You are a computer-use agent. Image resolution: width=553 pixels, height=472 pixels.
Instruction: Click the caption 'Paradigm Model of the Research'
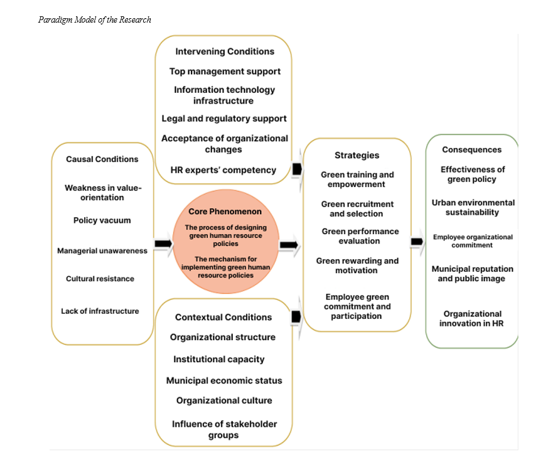pos(94,19)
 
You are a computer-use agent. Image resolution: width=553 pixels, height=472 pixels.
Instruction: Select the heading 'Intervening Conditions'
pos(224,51)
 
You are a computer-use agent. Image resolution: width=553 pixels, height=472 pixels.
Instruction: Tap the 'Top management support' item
pos(225,72)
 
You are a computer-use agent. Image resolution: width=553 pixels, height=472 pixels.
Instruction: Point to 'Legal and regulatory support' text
pos(224,119)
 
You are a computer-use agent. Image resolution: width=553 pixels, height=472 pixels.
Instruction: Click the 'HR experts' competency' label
pos(223,170)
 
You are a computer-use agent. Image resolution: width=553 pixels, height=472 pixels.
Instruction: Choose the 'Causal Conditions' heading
pos(102,159)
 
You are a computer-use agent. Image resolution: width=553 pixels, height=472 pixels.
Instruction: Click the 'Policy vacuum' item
pos(102,220)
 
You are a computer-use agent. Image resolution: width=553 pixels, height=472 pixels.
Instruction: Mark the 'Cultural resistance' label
pos(100,279)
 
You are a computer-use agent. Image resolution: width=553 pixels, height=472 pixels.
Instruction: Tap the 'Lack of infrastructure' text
pos(100,311)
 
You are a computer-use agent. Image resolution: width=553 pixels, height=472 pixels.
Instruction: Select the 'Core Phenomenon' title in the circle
pos(225,212)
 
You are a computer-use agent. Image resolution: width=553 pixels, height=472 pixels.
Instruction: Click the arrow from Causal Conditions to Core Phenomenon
pos(163,244)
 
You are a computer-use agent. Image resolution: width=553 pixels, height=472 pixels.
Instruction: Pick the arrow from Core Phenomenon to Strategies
pos(289,245)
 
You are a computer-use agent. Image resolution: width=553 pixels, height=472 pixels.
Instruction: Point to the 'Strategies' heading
pos(357,156)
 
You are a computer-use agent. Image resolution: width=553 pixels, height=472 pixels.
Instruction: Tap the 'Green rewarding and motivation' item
pos(357,265)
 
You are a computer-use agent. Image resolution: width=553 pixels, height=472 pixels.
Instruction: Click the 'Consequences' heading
pos(471,150)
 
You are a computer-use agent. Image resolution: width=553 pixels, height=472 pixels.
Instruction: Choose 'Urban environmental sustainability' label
pos(473,208)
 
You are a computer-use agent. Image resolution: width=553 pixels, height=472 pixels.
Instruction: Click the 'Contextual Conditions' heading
pos(223,318)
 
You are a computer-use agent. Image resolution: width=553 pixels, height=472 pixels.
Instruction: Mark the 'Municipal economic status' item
pos(224,381)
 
